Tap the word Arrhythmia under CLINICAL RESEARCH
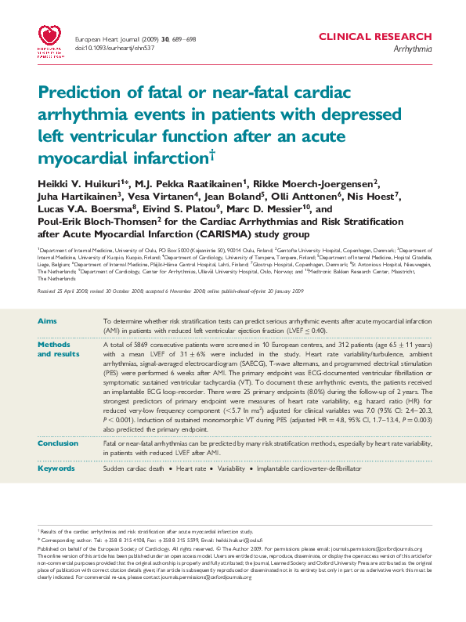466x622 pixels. (413, 49)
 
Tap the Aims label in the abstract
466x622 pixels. (47, 322)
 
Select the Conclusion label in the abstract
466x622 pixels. (59, 443)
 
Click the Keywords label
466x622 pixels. (57, 468)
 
